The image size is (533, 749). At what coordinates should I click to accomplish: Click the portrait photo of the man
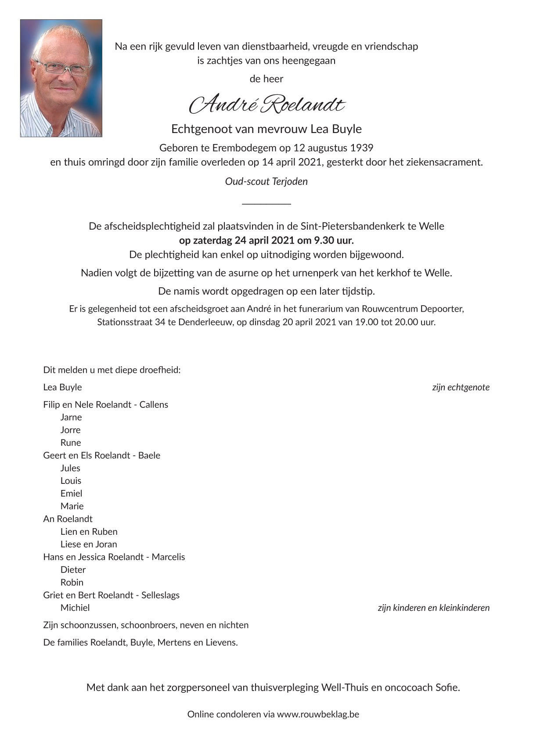(61, 78)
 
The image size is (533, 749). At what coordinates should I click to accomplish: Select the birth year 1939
(361, 148)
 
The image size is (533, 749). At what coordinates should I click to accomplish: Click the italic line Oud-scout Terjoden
(266, 181)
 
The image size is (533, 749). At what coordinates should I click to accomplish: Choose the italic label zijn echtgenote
(461, 387)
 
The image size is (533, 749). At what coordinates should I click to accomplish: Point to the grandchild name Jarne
(71, 417)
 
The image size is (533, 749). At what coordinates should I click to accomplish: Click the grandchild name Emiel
(71, 493)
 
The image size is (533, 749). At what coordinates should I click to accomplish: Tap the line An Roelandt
(68, 519)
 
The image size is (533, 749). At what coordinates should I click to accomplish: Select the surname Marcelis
(169, 557)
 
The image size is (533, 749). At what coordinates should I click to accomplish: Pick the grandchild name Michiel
(75, 608)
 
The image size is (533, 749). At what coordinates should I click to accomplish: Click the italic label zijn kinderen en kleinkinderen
(433, 608)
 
